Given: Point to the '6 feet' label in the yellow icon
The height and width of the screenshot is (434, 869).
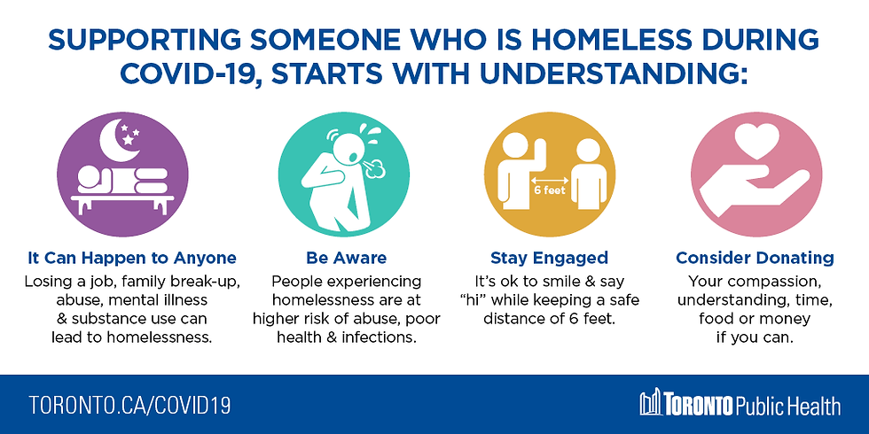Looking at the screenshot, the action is coord(550,191).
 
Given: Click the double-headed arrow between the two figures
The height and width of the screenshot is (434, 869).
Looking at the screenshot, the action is coord(550,181).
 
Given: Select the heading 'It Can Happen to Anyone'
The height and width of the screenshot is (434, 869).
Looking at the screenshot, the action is coord(132,258).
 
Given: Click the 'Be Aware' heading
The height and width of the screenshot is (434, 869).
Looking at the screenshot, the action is coord(347,258).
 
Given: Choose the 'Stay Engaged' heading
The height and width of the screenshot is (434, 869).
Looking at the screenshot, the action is coord(549,258).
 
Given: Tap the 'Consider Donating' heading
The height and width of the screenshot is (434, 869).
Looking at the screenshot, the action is coord(755,258).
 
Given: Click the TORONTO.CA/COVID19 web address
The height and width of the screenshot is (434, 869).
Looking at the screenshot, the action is coord(129,406).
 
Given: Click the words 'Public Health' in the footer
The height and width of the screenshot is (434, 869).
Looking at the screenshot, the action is coord(787,407).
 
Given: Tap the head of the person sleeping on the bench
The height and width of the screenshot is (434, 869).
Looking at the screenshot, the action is coord(90,177).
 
